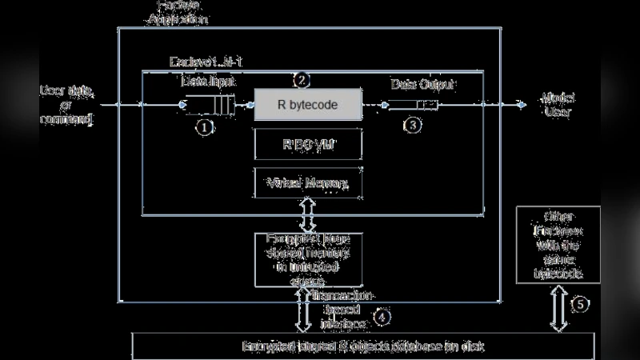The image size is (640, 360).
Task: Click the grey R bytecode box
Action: tap(308, 104)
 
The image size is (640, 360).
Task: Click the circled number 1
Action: tap(205, 126)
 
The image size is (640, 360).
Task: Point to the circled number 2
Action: tap(301, 80)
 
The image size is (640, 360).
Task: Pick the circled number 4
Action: tap(383, 317)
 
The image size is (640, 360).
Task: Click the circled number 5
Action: tap(582, 304)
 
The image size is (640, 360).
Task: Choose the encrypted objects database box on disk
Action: tap(363, 346)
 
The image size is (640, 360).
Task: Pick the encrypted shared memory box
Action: tap(308, 258)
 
